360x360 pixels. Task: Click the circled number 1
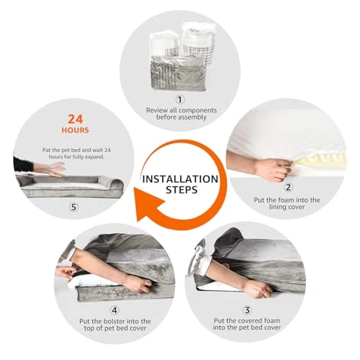[180, 99]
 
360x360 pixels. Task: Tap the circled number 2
[288, 187]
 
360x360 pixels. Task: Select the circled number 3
[247, 310]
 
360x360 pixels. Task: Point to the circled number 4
[114, 310]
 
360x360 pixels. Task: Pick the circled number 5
[73, 207]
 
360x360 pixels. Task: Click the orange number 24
[76, 119]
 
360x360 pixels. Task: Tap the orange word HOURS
[76, 130]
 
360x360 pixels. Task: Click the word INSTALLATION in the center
[180, 179]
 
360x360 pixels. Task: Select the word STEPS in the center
[181, 190]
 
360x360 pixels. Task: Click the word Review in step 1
[157, 110]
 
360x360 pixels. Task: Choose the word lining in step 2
[277, 207]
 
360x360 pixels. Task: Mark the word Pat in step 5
[47, 150]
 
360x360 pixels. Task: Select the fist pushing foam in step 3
[259, 289]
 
